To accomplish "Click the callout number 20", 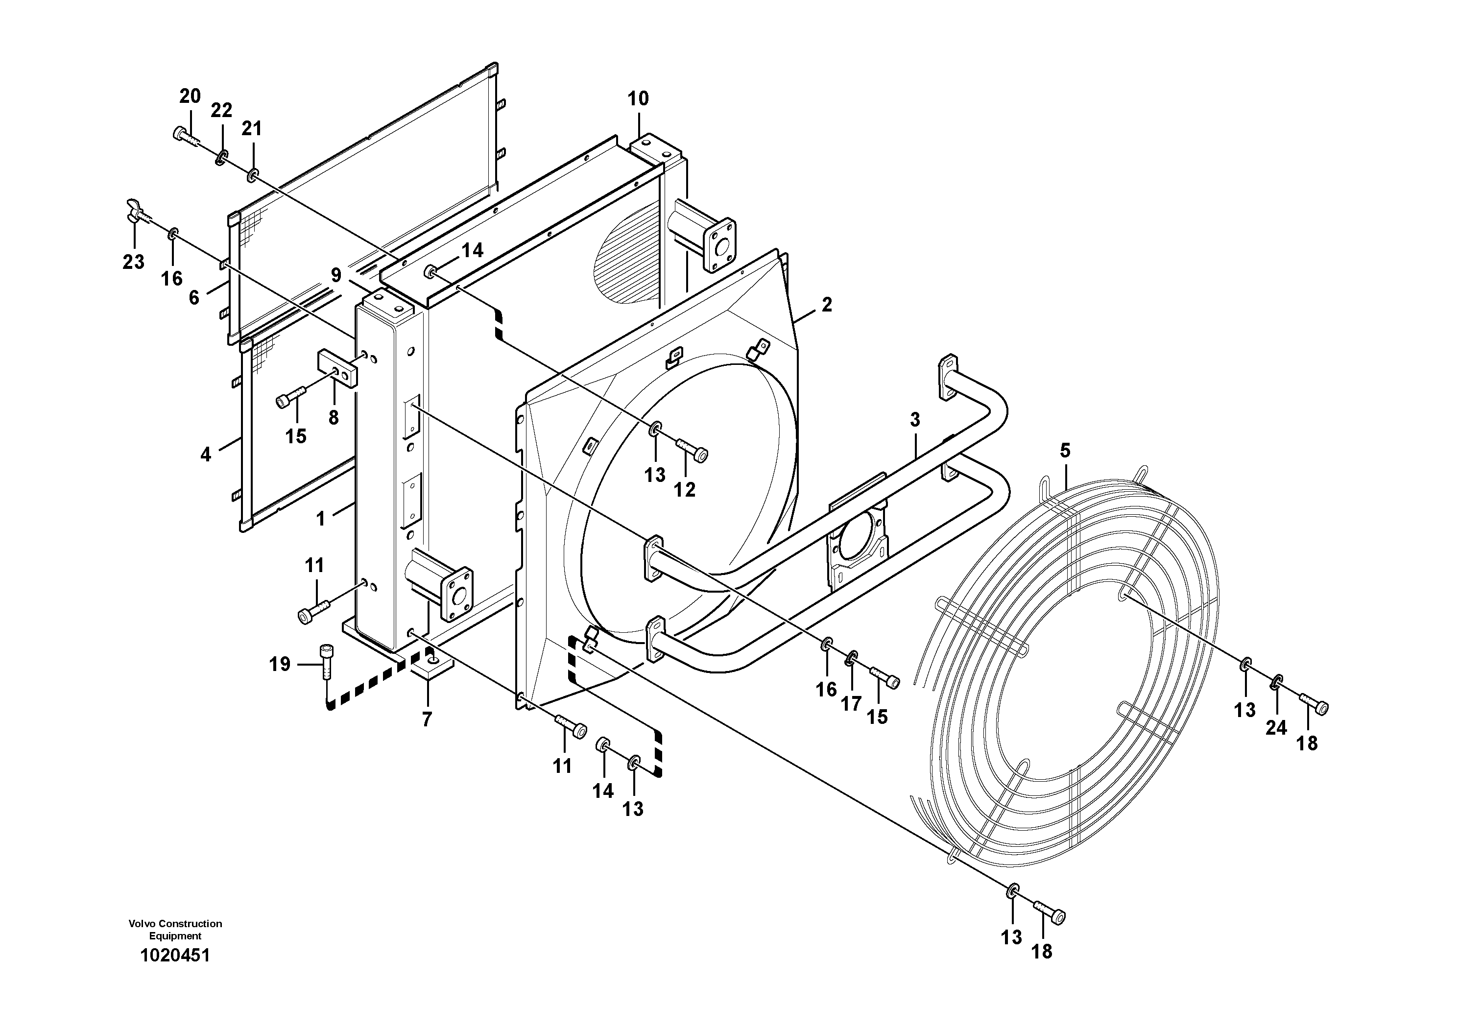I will click(190, 96).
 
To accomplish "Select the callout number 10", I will click(638, 99).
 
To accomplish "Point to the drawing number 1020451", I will click(175, 955).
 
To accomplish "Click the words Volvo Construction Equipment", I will click(175, 929).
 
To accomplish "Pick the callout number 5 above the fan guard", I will click(1065, 451).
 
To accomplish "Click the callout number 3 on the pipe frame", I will click(914, 420).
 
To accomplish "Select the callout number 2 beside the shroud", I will click(826, 305).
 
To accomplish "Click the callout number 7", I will click(427, 719).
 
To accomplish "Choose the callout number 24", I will click(1276, 728).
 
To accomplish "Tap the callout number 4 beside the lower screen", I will click(205, 455).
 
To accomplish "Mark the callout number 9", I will click(335, 275).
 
